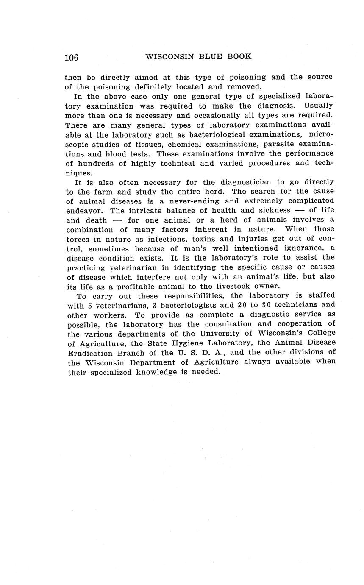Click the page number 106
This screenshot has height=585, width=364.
[x=72, y=58]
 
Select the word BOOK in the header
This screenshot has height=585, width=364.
[x=239, y=56]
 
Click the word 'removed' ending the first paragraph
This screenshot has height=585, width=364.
[x=245, y=87]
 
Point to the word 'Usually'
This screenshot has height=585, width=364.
[x=318, y=105]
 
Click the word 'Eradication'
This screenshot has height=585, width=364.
[x=90, y=353]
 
